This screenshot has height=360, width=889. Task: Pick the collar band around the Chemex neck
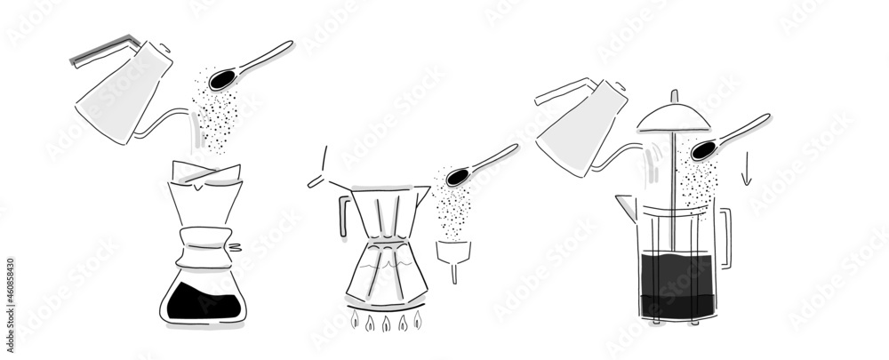click(x=206, y=244)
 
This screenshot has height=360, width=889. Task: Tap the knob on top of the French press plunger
click(x=674, y=96)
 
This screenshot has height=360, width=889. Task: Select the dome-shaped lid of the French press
click(x=673, y=116)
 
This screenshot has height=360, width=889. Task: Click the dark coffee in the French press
click(x=677, y=284)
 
